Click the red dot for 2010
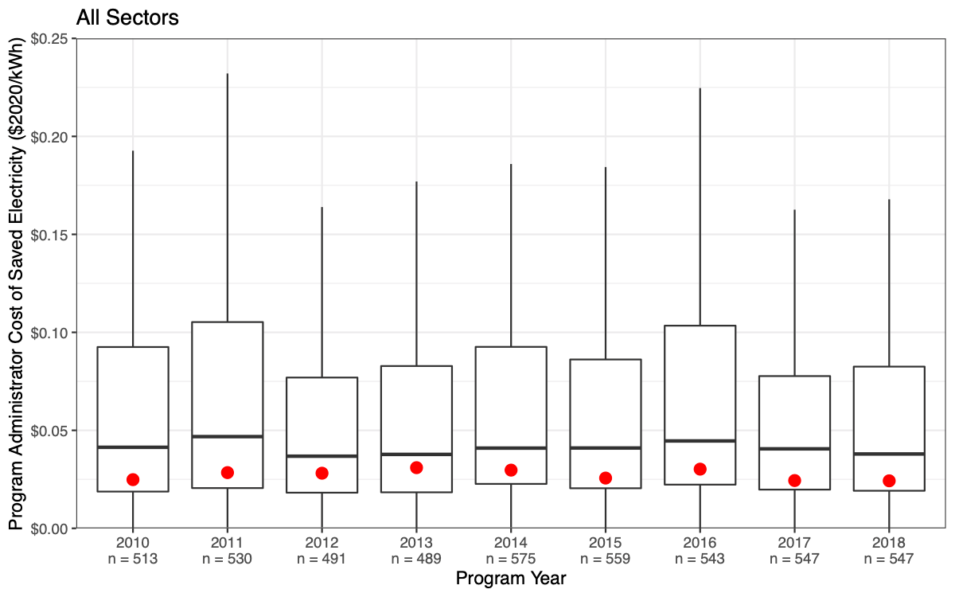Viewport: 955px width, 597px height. [x=133, y=479]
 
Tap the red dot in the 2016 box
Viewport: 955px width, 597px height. [x=700, y=469]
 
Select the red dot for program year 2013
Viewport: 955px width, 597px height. [x=416, y=467]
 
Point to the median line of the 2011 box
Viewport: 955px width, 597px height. [x=228, y=436]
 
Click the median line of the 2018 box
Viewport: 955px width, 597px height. [x=889, y=454]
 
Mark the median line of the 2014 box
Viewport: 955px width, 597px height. [x=511, y=448]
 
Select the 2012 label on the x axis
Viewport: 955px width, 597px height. [x=322, y=544]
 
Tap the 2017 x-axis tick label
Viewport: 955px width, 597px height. [x=794, y=544]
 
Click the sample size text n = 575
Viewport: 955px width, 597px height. [x=511, y=559]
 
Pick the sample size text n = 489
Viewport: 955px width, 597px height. [x=416, y=559]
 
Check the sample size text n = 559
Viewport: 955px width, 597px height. [x=606, y=559]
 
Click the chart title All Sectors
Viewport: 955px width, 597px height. [x=128, y=18]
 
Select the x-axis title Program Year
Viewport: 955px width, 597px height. [x=511, y=579]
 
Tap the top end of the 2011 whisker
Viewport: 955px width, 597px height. [x=228, y=74]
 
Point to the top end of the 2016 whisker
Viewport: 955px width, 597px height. [x=700, y=88]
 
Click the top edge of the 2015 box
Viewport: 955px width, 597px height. [x=606, y=360]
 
